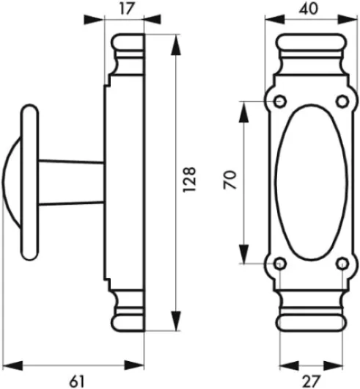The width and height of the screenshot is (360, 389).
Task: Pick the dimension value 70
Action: [229, 181]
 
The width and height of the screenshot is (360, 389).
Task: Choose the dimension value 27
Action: [310, 379]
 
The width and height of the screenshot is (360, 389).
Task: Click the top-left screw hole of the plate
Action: [279, 101]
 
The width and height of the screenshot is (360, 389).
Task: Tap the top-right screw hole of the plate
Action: [341, 101]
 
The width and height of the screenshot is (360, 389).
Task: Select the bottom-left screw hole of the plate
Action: [279, 262]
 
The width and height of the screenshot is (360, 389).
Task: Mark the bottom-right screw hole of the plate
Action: [341, 262]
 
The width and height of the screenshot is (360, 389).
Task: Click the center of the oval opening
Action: [310, 181]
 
